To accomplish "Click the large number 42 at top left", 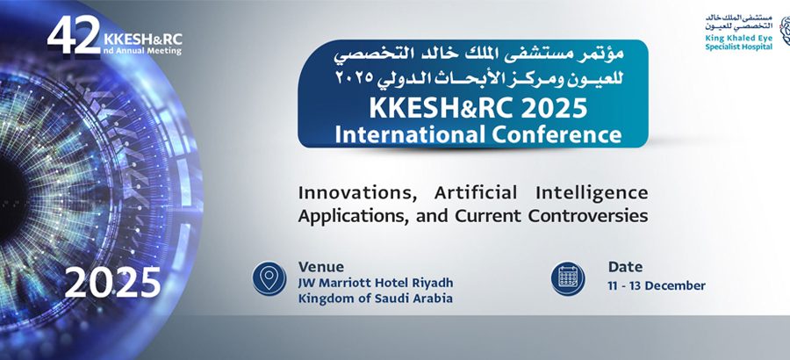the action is [74, 37].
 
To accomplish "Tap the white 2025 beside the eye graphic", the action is [112, 283].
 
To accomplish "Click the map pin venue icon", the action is [269, 278].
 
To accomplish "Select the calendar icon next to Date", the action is [568, 278].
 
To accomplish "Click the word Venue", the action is [321, 267].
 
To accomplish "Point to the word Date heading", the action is [625, 267].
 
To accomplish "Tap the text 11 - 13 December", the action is [657, 285].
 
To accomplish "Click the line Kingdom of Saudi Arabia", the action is [376, 299].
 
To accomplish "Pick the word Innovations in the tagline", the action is [361, 193].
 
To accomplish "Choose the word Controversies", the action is [588, 216].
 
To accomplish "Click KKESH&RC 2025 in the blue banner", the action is [478, 108].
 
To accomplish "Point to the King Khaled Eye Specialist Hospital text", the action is [738, 42].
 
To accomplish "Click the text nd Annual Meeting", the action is [141, 51].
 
